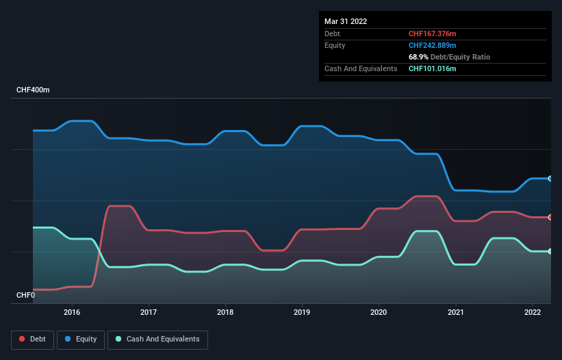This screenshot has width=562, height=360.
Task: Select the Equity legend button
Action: (81, 339)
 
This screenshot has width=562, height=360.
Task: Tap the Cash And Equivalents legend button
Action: (157, 339)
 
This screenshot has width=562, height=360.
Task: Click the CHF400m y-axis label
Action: (34, 90)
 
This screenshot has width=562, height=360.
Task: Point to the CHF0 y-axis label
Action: (26, 295)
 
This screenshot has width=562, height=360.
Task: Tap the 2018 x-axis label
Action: (225, 312)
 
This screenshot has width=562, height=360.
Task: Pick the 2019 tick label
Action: (302, 312)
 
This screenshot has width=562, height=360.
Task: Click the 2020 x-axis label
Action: (379, 312)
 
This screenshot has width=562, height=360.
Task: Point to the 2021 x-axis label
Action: (455, 312)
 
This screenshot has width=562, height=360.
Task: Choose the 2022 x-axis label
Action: (532, 312)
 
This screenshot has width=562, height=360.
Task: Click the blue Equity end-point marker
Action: (550, 179)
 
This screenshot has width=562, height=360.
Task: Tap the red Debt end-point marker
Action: (550, 217)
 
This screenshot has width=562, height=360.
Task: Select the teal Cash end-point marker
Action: (550, 251)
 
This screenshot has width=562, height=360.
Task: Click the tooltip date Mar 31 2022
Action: (346, 21)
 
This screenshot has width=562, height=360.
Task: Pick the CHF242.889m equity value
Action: (432, 45)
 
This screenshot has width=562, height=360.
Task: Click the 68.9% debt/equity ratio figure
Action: (418, 57)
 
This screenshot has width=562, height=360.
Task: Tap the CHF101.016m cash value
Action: (432, 68)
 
